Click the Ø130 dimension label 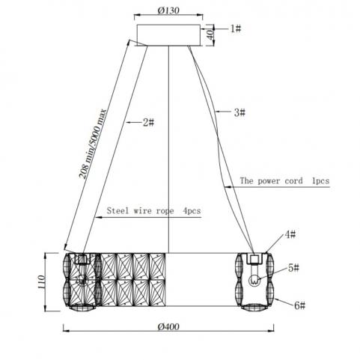pyautogui.click(x=168, y=10)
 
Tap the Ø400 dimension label pyautogui.click(x=168, y=326)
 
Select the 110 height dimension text pyautogui.click(x=41, y=282)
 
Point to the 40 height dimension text pyautogui.click(x=211, y=34)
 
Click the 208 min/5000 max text pyautogui.click(x=93, y=144)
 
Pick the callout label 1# pyautogui.click(x=236, y=28)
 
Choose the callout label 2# pyautogui.click(x=148, y=122)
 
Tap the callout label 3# pyautogui.click(x=240, y=112)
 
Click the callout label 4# pyautogui.click(x=290, y=234)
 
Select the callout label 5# pyautogui.click(x=293, y=268)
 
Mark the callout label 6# pyautogui.click(x=299, y=305)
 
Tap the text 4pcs pyautogui.click(x=192, y=211)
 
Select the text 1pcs pyautogui.click(x=320, y=181)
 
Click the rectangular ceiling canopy pyautogui.click(x=168, y=35)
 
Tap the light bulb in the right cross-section pyautogui.click(x=254, y=279)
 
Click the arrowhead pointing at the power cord pyautogui.click(x=228, y=186)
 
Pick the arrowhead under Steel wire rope pyautogui.click(x=99, y=217)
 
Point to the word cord pyautogui.click(x=294, y=180)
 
